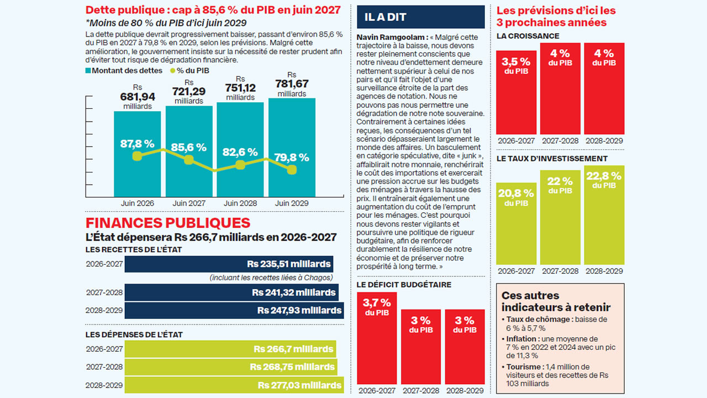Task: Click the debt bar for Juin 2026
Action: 138,154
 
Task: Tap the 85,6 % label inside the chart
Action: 189,147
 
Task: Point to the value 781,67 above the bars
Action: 292,83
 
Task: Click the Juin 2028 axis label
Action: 240,203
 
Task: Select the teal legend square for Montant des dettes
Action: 88,70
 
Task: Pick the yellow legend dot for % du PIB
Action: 173,71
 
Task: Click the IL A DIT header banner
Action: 421,17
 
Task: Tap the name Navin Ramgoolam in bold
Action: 392,37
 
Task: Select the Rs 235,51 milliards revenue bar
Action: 229,264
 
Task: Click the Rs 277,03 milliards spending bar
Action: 234,385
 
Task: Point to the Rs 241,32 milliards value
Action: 293,292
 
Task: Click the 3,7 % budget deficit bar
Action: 377,338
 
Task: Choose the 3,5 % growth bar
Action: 516,92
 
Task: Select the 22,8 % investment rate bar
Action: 604,215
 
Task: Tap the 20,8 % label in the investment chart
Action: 516,193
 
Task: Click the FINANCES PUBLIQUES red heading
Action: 168,223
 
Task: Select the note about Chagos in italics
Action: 271,277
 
